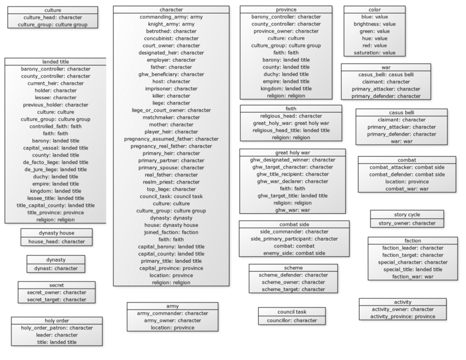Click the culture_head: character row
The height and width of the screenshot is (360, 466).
[x=53, y=17]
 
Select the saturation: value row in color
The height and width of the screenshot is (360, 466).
[x=375, y=53]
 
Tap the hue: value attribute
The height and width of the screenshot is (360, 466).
[x=375, y=38]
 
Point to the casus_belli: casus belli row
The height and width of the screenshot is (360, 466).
[x=386, y=74]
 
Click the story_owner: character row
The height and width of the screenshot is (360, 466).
[x=407, y=223]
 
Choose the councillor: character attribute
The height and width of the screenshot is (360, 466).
[x=292, y=320]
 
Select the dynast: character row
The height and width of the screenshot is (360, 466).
[x=56, y=269]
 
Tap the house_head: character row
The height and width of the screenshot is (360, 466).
[x=56, y=241]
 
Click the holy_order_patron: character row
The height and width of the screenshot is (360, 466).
[x=57, y=328]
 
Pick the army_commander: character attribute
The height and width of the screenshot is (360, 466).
[x=172, y=313]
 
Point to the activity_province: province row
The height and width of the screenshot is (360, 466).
[x=403, y=317]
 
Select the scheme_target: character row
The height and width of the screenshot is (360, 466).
[x=293, y=289]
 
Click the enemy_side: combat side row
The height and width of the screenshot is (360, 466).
[x=294, y=253]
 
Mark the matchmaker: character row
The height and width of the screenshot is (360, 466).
[x=171, y=118]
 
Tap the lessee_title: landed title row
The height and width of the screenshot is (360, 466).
[x=56, y=198]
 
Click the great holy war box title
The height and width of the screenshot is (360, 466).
[x=292, y=152]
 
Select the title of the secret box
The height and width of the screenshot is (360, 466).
[x=56, y=285]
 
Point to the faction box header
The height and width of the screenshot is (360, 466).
[x=413, y=241]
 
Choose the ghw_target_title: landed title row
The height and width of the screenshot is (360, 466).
[x=292, y=196]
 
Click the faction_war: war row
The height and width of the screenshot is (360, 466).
[x=413, y=277]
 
